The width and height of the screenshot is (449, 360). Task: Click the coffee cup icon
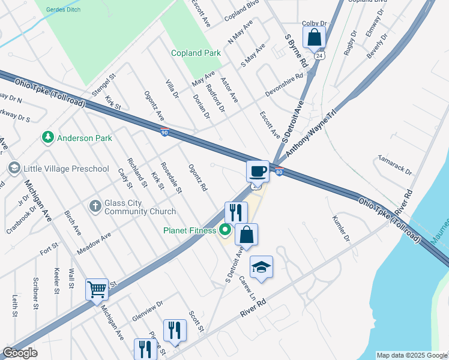point(258,171)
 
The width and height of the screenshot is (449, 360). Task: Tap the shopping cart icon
point(97,289)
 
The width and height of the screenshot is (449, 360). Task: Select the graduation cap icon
point(261,267)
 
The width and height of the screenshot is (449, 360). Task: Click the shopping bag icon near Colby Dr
point(314,37)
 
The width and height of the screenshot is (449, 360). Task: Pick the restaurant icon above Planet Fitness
point(236,212)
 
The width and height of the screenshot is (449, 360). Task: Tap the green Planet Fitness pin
point(226,229)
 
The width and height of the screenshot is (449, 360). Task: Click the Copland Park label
point(196,53)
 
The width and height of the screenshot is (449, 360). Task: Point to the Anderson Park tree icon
point(48,138)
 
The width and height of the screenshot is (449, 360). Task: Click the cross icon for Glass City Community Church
point(95,206)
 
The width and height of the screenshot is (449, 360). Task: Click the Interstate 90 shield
point(164,131)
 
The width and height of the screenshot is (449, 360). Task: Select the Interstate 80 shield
point(280,173)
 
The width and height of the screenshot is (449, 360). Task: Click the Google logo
point(20,353)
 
